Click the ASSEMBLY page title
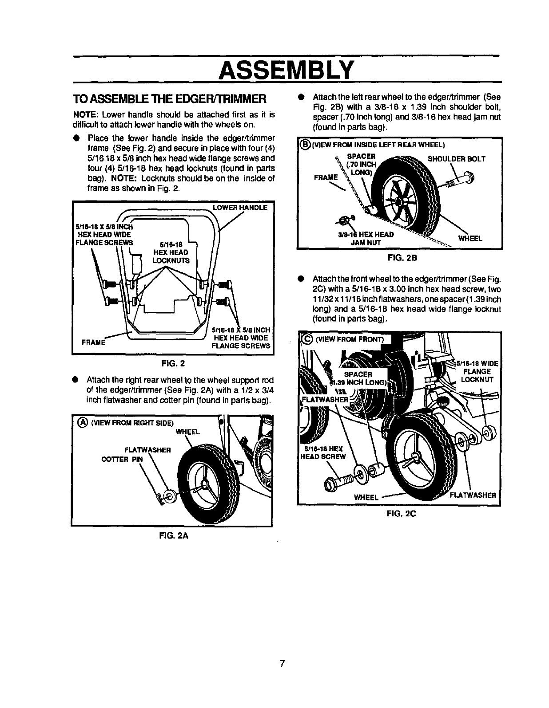(287, 69)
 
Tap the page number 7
(282, 664)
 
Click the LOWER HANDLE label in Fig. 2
(240, 207)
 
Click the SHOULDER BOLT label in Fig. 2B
(456, 159)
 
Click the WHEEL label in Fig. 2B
(470, 238)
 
